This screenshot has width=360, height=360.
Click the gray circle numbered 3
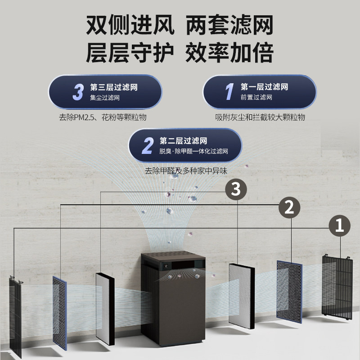point(236,189)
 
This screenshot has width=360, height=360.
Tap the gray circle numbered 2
point(289,207)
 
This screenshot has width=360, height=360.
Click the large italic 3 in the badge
point(78,92)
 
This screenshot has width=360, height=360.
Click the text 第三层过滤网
point(114,87)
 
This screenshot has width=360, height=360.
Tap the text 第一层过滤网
point(264,87)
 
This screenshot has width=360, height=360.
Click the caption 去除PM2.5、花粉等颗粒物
point(103,117)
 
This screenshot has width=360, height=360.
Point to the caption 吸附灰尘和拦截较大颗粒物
point(260,117)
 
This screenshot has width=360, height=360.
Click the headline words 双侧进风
point(130,26)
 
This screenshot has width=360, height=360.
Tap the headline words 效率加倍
point(229,53)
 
